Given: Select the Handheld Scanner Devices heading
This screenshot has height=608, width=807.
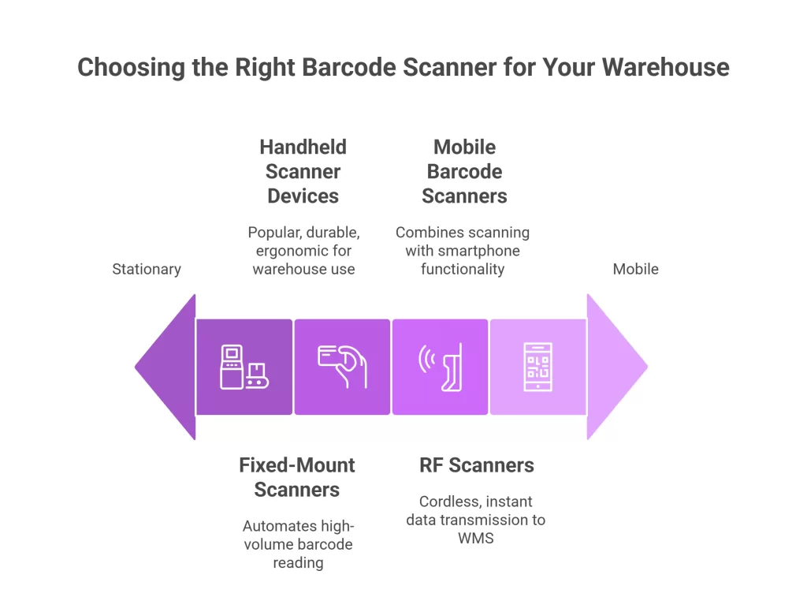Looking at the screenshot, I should [303, 171].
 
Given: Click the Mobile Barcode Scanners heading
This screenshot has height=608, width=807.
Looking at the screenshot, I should [464, 171].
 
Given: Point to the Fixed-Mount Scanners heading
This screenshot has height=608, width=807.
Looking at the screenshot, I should [297, 476].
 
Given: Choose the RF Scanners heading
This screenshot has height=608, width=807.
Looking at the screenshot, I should [476, 465].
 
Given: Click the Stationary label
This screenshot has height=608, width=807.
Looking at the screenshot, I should [147, 269].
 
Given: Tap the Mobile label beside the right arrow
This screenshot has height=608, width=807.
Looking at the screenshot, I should [635, 269].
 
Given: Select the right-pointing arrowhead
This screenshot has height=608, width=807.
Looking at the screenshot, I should [615, 367].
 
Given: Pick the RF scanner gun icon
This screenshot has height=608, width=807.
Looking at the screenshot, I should [450, 367].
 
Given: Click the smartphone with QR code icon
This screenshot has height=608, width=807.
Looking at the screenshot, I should [538, 367].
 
